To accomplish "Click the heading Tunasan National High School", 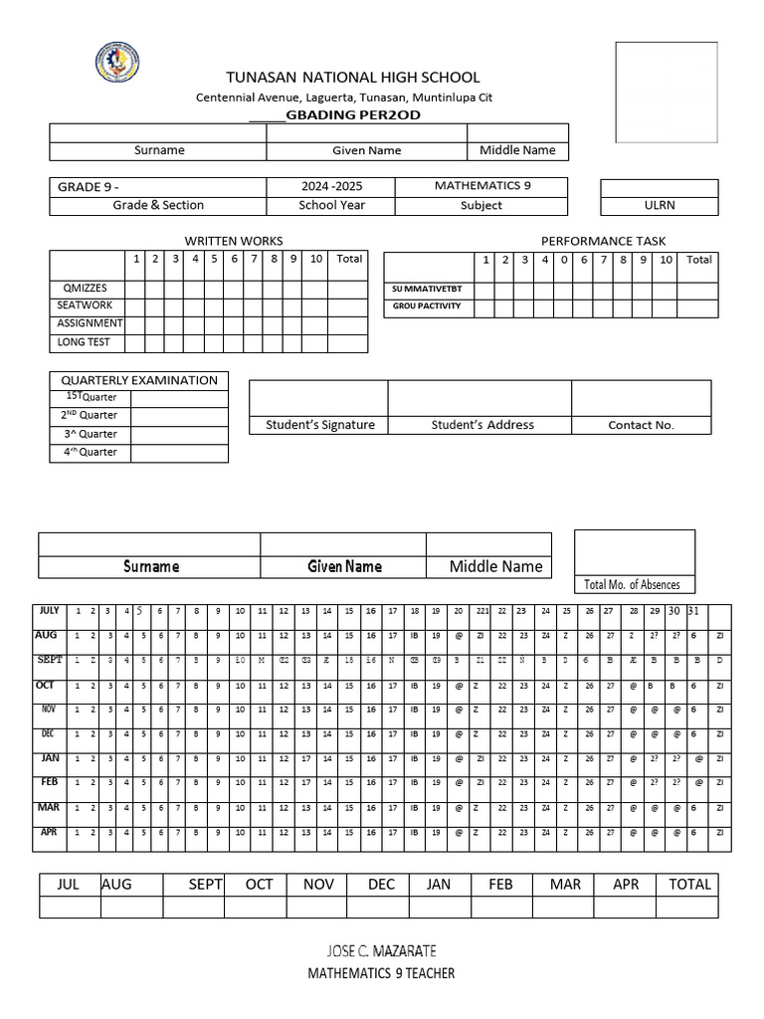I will tap(353, 77).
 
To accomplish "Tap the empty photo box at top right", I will tap(667, 93).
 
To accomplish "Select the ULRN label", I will tap(659, 205).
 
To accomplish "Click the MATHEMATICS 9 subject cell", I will tap(481, 186).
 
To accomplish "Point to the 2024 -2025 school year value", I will tap(330, 186).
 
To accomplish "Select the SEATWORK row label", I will tap(87, 306).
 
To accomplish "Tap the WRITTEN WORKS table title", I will tap(234, 241).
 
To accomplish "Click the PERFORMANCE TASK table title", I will tap(603, 241).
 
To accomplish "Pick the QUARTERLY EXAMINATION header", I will tap(139, 380).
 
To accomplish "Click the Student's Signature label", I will tap(319, 425).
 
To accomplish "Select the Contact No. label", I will tap(641, 425).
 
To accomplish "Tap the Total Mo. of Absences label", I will tap(633, 584).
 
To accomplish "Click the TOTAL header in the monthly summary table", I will tap(689, 884).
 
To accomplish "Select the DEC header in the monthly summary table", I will tap(381, 884).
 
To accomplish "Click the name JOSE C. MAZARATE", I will tap(381, 950).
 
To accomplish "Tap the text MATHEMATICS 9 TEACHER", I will tap(381, 973).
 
